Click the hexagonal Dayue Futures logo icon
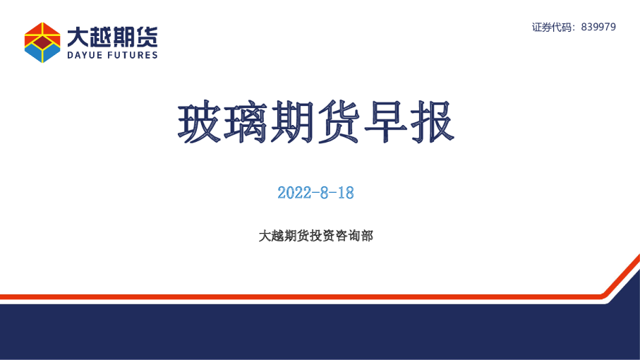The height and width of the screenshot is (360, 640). pos(42,42)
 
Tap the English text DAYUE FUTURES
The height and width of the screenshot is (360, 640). pos(112,55)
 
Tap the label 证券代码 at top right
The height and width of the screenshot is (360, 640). pos(553,27)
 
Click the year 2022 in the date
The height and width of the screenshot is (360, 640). pos(294,193)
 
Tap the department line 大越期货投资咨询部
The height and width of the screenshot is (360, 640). pos(315,236)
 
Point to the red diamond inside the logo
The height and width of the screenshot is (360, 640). pos(42,43)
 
